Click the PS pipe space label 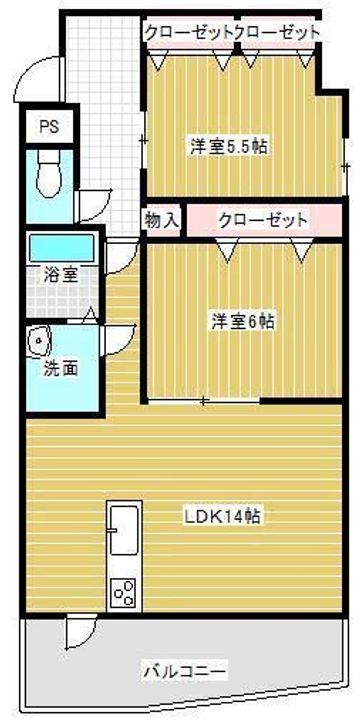pos(49,126)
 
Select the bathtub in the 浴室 pos(62,248)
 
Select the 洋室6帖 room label pos(243,321)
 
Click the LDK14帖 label pos(223,517)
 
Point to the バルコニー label pos(185,673)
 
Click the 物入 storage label pos(162,219)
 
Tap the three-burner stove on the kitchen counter pos(124,592)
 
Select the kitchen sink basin pos(124,529)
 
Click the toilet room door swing pos(94,206)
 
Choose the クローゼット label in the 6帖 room pos(263,220)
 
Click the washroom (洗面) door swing pos(118,340)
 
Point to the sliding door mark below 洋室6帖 pos(204,401)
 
